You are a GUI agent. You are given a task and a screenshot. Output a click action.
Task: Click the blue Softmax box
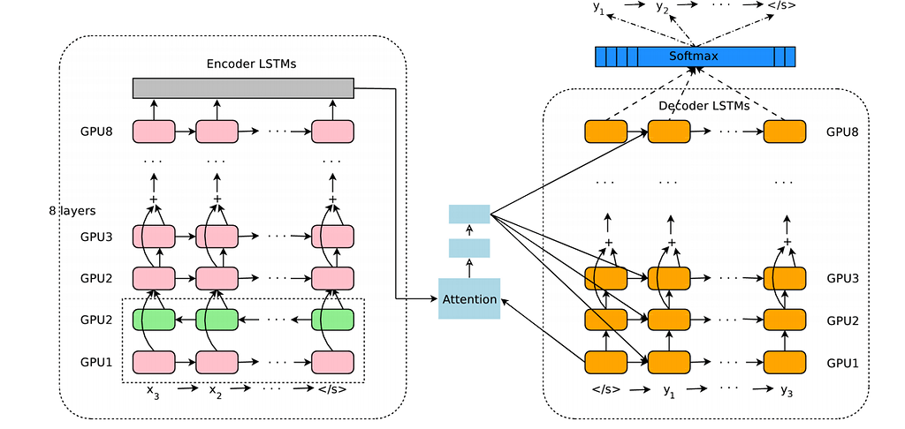[x=695, y=56]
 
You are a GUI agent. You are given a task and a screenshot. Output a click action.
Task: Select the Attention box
[x=468, y=298]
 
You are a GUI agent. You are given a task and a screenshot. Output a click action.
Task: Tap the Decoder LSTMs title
[x=703, y=106]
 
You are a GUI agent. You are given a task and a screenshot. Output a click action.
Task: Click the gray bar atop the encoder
[x=243, y=88]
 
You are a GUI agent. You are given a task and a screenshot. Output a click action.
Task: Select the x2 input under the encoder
[x=217, y=390]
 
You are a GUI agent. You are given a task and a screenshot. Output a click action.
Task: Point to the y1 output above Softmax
[x=600, y=8]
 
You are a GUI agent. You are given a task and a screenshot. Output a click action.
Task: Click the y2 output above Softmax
[x=662, y=8]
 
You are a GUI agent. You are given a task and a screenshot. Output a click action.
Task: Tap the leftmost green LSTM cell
[x=155, y=319]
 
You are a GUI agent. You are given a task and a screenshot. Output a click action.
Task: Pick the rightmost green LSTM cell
[x=332, y=319]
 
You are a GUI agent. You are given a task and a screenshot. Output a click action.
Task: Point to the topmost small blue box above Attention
[x=468, y=214]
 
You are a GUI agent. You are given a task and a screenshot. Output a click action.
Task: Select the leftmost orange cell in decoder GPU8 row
[x=606, y=132]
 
